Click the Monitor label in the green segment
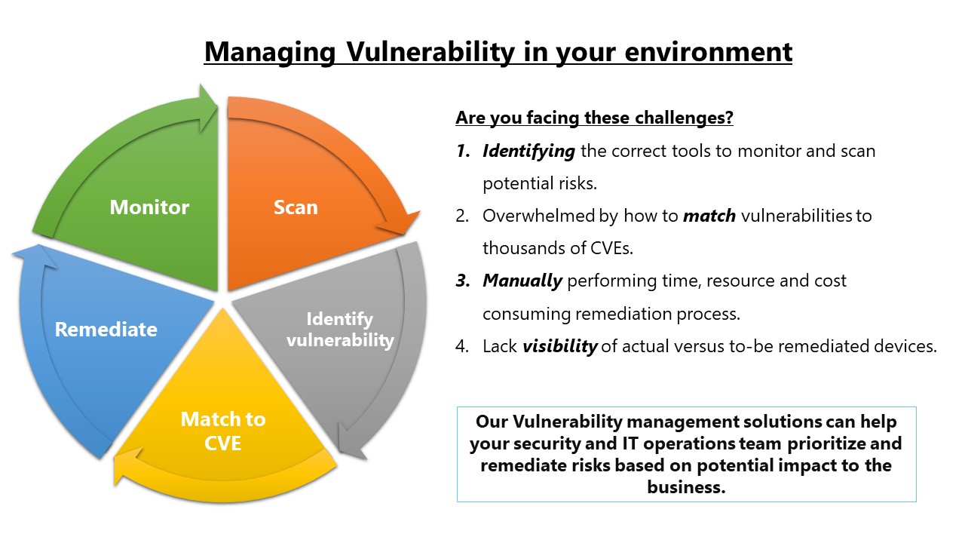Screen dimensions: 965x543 [149, 207]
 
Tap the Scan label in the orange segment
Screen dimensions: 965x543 [296, 207]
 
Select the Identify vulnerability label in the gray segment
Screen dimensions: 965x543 [340, 330]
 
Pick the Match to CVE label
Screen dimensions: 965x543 [223, 431]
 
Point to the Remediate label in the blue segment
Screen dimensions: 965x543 [106, 330]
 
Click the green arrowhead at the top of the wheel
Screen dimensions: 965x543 [207, 109]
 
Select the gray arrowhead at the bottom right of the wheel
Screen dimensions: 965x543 [351, 442]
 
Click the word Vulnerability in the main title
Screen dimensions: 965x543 [430, 52]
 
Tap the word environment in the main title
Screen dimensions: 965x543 [708, 52]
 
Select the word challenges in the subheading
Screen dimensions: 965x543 [684, 118]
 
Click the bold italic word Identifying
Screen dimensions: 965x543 [528, 152]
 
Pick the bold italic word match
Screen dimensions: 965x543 [709, 216]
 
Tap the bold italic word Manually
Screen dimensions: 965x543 [522, 281]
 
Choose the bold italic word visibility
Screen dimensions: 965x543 [559, 346]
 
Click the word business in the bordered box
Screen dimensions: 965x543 [686, 487]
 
